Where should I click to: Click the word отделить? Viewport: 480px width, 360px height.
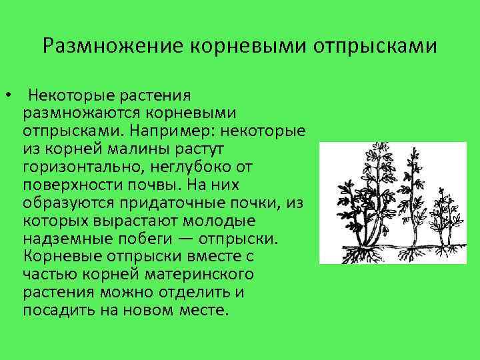pos(196,292)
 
